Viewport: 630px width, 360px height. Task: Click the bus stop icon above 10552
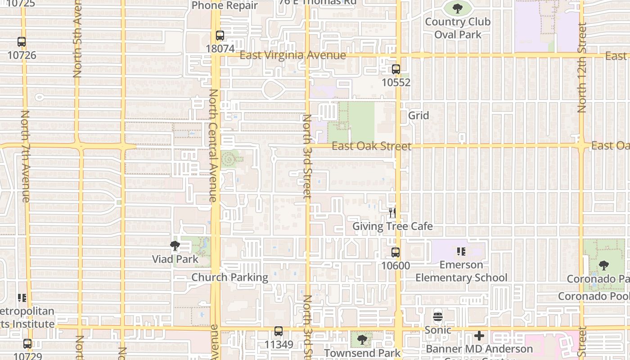[396, 69]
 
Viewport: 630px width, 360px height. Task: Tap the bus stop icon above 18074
[220, 36]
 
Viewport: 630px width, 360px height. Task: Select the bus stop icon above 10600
[396, 252]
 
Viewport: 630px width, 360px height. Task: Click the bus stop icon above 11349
[279, 332]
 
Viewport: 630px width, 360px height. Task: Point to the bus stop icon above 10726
[22, 42]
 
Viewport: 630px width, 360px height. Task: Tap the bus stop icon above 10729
[27, 344]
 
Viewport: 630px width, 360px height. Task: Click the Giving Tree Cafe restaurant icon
[392, 212]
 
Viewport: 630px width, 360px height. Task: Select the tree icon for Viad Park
[175, 246]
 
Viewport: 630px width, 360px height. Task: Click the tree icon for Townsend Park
[362, 340]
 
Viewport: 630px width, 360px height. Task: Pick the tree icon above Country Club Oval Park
[458, 8]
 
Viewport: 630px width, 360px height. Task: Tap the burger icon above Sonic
[438, 316]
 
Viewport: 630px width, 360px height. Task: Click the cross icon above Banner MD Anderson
[479, 336]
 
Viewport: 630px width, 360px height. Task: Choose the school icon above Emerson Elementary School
[461, 252]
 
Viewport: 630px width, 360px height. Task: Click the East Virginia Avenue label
[293, 55]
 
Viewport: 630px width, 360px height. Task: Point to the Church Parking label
[230, 277]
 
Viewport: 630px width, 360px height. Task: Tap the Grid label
[418, 116]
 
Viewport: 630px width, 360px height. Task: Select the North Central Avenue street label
[213, 145]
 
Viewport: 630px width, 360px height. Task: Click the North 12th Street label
[582, 67]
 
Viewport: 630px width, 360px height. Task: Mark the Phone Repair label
[225, 6]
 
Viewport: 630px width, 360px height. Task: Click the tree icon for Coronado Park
[604, 265]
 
